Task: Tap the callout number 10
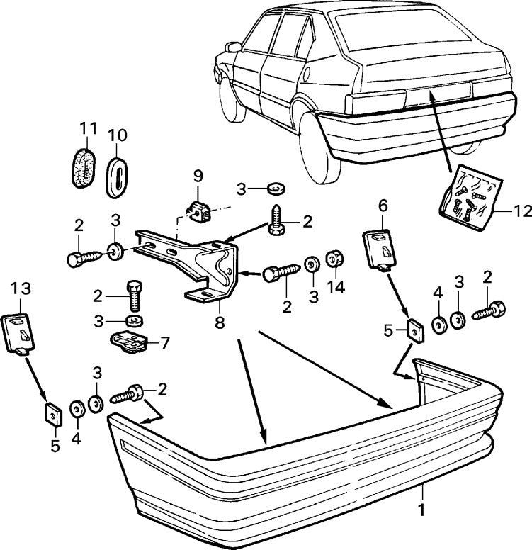pyautogui.click(x=117, y=134)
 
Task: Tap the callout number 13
pyautogui.click(x=21, y=288)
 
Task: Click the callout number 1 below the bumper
pyautogui.click(x=423, y=507)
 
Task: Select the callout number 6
pyautogui.click(x=383, y=206)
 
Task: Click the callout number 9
pyautogui.click(x=198, y=174)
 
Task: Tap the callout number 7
pyautogui.click(x=164, y=343)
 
